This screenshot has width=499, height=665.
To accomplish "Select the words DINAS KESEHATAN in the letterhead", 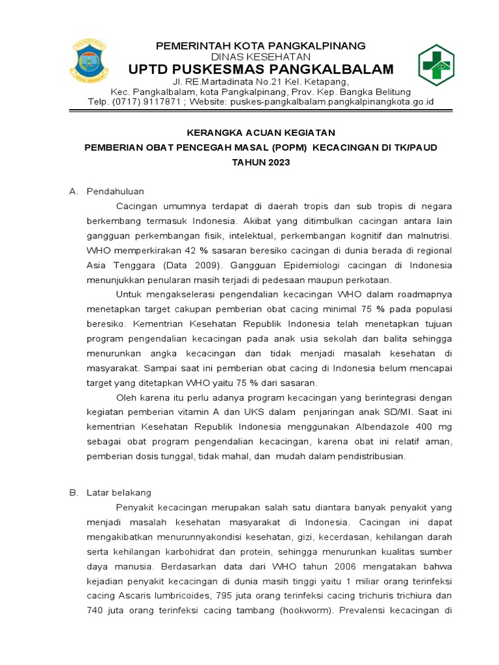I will pyautogui.click(x=260, y=57).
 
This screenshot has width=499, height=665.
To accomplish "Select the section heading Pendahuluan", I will pyautogui.click(x=115, y=192).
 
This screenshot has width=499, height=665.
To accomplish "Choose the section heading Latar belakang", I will pyautogui.click(x=119, y=493).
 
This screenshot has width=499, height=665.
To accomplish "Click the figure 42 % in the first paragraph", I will pyautogui.click(x=197, y=251).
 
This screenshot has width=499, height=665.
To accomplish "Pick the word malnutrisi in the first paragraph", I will pyautogui.click(x=428, y=236).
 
